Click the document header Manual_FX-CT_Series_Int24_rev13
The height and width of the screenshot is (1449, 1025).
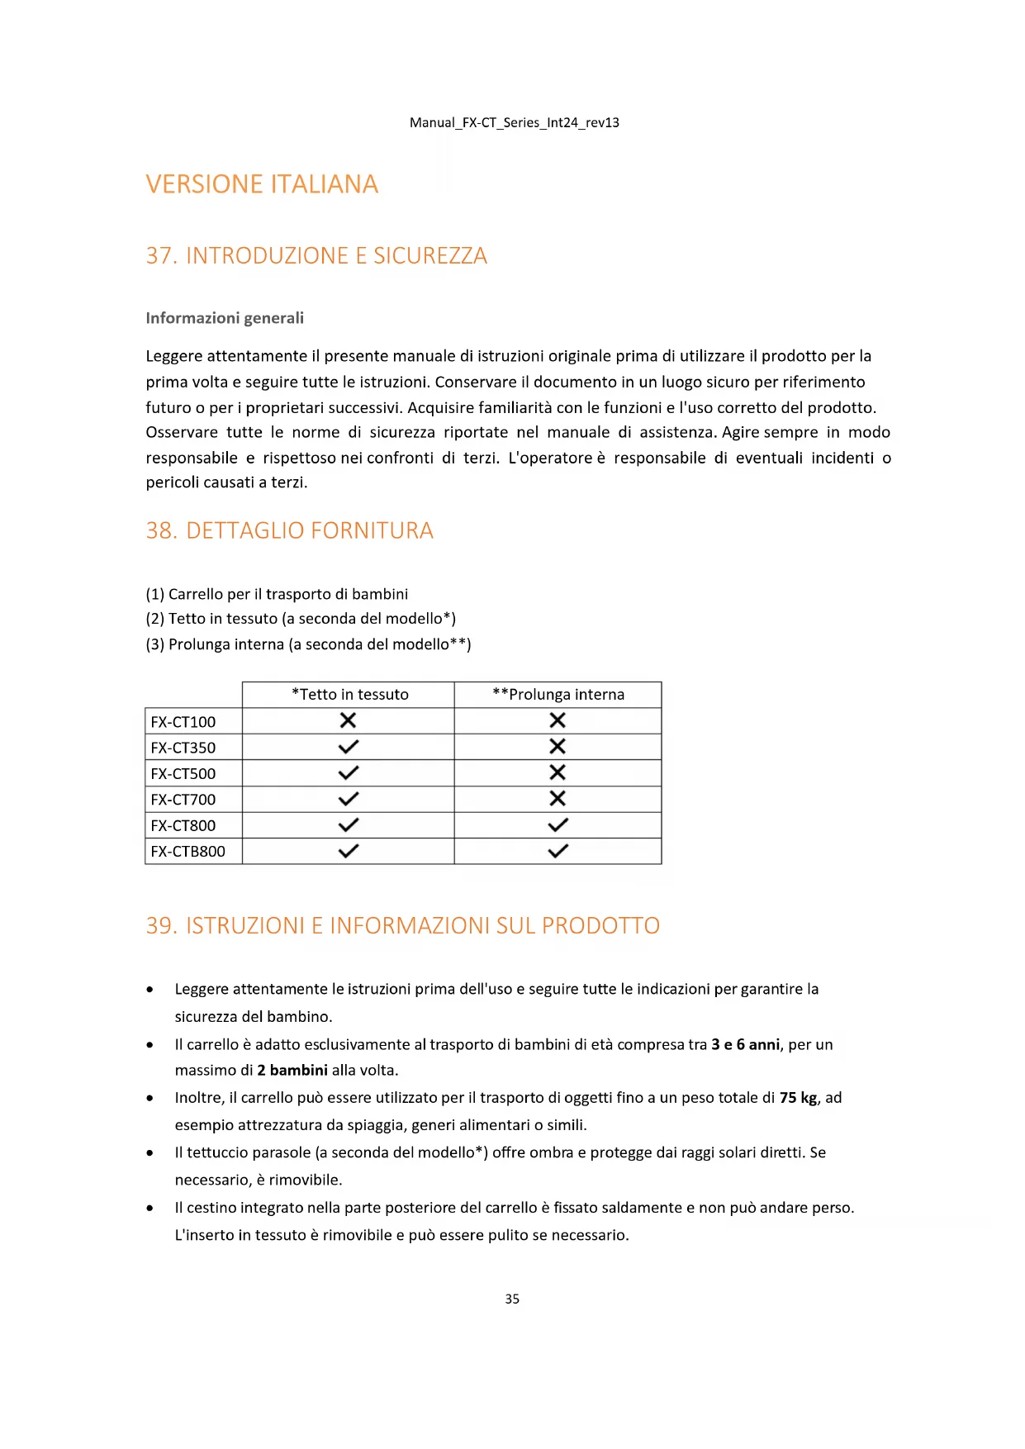[x=514, y=122]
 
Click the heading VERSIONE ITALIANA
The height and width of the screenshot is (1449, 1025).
[x=262, y=184]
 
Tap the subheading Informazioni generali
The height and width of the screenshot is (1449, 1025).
[x=225, y=318]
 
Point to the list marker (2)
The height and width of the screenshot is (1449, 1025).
[x=155, y=619]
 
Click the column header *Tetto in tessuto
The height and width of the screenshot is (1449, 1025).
[x=349, y=695]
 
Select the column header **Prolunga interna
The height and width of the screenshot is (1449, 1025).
[x=558, y=695]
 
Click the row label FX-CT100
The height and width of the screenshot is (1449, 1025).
[x=183, y=722]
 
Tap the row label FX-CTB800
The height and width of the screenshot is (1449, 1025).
[x=187, y=852]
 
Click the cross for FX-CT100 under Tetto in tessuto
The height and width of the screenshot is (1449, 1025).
[x=349, y=720]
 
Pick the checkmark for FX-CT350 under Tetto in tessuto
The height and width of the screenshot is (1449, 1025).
[x=349, y=747]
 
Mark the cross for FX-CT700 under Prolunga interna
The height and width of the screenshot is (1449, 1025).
[x=558, y=799]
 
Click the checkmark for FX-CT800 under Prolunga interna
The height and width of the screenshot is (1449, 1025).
[x=558, y=824]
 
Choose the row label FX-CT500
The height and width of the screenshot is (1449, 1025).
[x=183, y=774]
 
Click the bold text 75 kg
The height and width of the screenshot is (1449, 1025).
[x=798, y=1098]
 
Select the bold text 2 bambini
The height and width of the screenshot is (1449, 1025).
[x=292, y=1071]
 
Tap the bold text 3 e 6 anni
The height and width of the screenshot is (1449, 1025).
[x=745, y=1045]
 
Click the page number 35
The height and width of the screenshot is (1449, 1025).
[x=512, y=1299]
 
